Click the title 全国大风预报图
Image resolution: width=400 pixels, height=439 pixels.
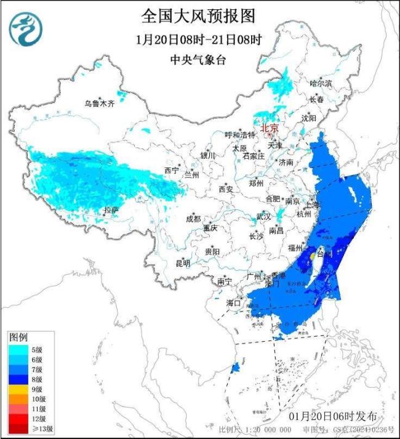tap(198, 15)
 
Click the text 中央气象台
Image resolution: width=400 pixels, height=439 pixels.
tap(198, 60)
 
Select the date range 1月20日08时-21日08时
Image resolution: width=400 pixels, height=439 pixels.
tap(198, 39)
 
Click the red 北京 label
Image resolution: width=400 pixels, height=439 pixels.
tap(270, 128)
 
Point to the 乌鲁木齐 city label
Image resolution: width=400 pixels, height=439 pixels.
tap(100, 103)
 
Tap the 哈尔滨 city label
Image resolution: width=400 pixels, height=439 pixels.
tap(320, 83)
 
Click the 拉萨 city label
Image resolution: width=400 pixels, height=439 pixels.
tap(111, 211)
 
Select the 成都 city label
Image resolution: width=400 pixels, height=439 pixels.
tap(193, 219)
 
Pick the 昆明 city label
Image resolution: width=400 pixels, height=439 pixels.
tap(183, 263)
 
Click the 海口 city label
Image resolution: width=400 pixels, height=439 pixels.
tap(234, 303)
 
